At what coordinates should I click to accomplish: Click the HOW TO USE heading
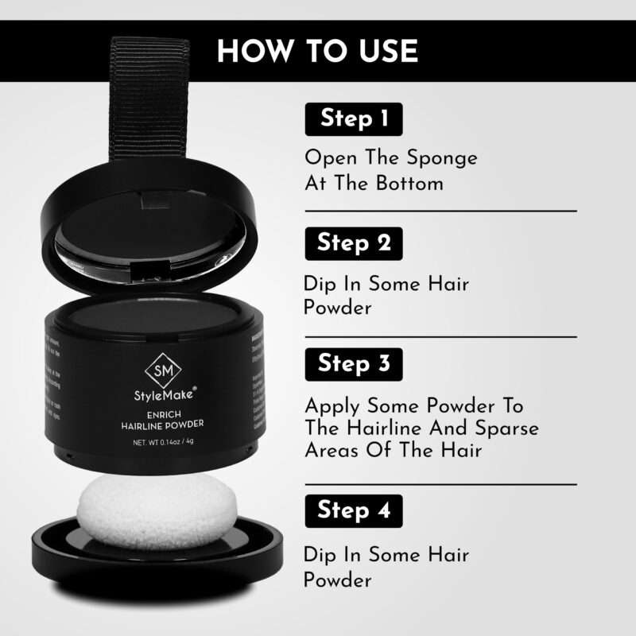click(318, 50)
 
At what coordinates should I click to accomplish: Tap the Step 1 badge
click(354, 118)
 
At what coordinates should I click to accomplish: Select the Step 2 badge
click(354, 242)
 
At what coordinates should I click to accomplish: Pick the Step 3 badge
click(354, 364)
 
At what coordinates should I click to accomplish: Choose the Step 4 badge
click(354, 510)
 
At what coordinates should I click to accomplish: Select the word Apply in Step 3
click(333, 405)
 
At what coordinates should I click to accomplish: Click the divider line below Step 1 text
click(440, 211)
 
